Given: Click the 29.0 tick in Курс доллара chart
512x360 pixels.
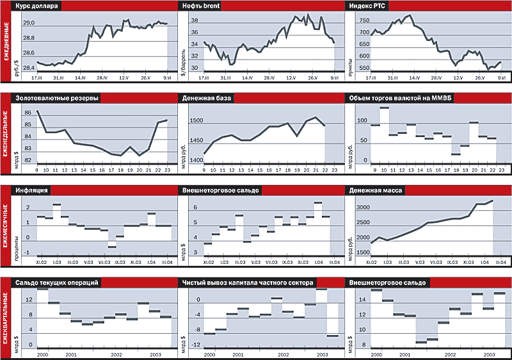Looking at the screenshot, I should (x=29, y=23).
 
